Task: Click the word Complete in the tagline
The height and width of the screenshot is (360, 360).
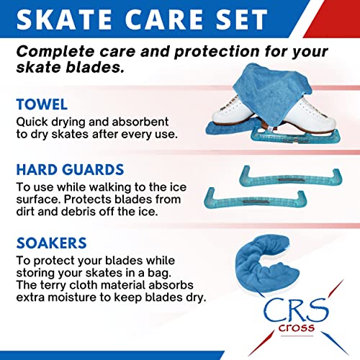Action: pos(57,52)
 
